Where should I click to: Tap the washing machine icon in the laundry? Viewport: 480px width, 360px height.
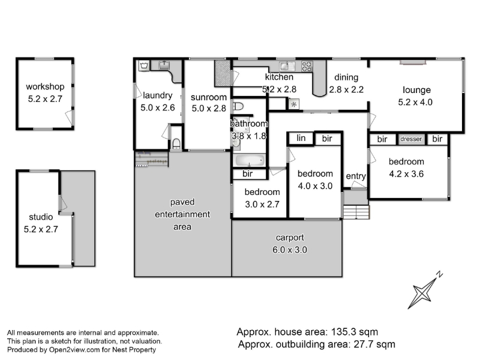[144, 65]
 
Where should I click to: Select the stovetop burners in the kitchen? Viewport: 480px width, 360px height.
[307, 66]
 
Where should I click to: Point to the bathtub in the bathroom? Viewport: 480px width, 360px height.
[250, 160]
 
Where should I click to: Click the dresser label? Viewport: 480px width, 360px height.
[411, 139]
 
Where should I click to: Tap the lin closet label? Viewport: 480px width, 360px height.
[301, 138]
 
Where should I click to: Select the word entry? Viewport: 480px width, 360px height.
[356, 176]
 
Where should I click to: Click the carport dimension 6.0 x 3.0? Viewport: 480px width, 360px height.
[290, 250]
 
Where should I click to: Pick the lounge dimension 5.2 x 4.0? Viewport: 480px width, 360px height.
[415, 102]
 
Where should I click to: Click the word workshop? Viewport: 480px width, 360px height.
[45, 86]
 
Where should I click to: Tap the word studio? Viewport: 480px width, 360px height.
[41, 217]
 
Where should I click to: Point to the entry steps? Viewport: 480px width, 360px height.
[356, 212]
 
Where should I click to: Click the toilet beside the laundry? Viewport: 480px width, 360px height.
[176, 143]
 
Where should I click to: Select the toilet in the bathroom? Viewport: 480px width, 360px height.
[238, 106]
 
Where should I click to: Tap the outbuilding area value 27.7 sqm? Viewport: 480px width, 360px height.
[374, 344]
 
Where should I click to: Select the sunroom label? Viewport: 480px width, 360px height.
[209, 97]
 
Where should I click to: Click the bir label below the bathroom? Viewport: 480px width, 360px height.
[247, 174]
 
